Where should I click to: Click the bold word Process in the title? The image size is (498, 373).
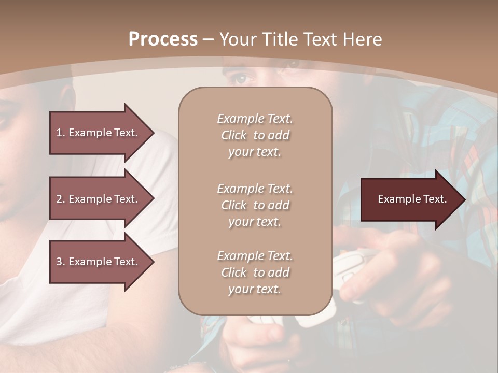163,39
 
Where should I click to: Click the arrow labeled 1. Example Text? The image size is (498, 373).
102,133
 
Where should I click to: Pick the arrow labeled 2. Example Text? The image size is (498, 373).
102,198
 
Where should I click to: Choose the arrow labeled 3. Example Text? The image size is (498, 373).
102,262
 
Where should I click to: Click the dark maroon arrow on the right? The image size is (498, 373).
413,199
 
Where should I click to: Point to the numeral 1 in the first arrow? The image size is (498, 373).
59,133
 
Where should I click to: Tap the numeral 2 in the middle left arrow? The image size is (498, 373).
59,199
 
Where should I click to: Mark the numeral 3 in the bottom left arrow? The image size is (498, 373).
59,262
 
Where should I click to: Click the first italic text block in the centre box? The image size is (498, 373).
255,135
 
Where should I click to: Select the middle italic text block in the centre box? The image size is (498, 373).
255,205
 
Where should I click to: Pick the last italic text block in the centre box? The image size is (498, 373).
255,272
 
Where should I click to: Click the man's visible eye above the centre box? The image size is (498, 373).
242,78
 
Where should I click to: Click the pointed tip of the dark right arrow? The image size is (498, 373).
466,199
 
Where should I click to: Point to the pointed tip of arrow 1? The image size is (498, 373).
155,133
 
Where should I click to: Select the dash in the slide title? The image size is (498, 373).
209,40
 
